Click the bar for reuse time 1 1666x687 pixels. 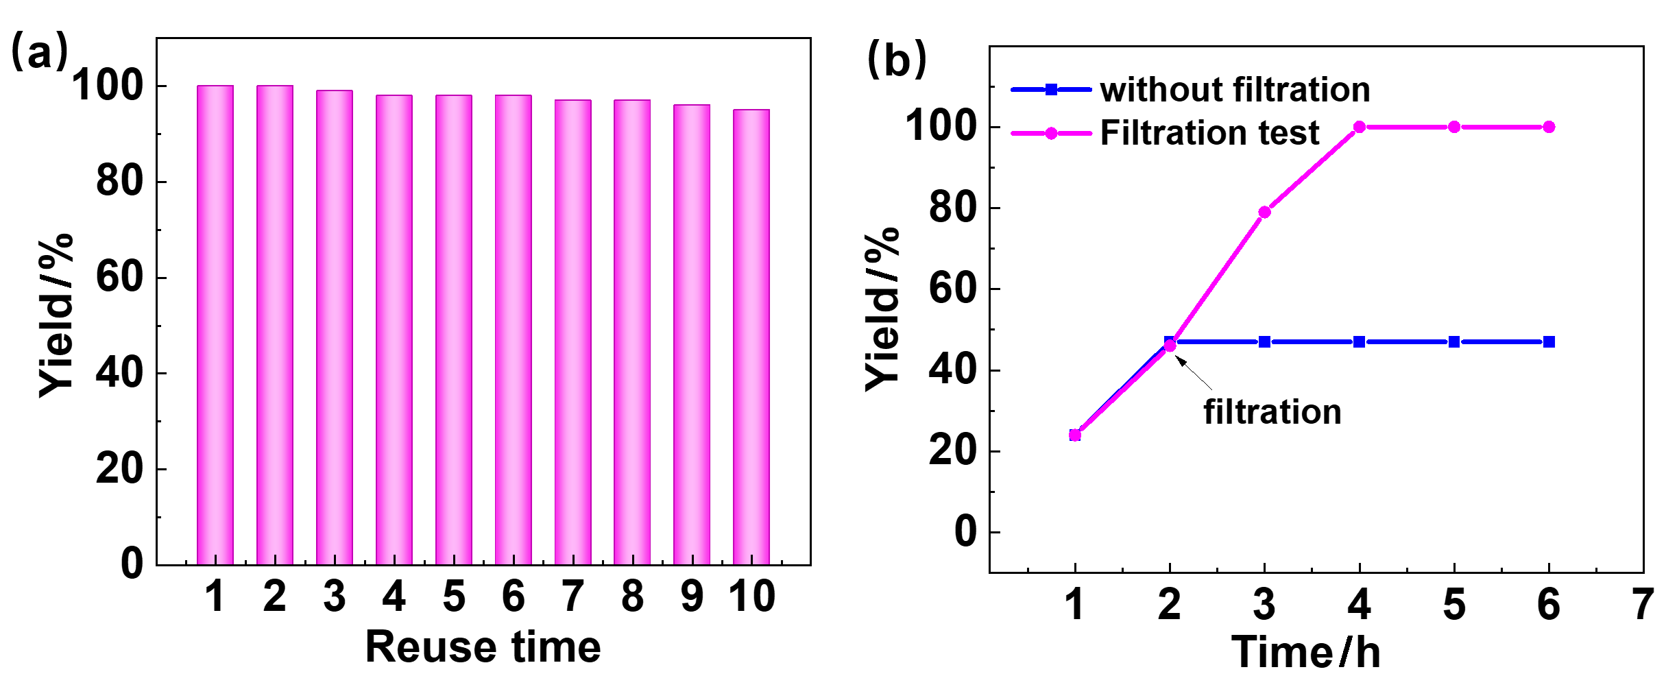pos(215,325)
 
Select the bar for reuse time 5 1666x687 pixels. pos(454,330)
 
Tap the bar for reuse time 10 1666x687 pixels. pos(751,337)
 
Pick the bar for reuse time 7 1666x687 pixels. pos(573,333)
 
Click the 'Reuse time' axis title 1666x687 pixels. pos(483,647)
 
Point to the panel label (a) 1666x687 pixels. pos(39,52)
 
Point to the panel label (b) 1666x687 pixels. pos(897,59)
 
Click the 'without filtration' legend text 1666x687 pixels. pos(1235,90)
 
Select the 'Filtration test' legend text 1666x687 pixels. pos(1209,133)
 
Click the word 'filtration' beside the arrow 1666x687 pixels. pos(1272,412)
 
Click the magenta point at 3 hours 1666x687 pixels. pos(1265,212)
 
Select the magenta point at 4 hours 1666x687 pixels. pos(1360,127)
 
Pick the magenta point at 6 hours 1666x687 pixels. pos(1549,127)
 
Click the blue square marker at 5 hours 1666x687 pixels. pos(1454,342)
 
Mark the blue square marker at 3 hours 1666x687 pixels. pos(1265,342)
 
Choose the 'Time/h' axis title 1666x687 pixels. pos(1306,652)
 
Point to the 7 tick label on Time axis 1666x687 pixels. pos(1643,605)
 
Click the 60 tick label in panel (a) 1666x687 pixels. pos(119,278)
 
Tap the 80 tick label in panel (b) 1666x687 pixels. pos(953,208)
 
